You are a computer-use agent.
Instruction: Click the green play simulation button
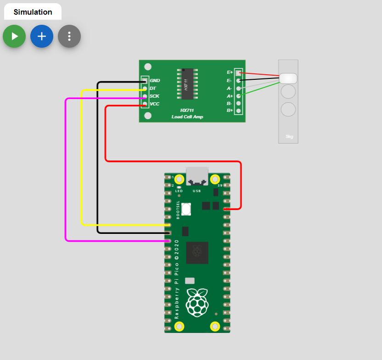point(14,36)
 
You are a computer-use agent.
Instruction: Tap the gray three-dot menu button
point(69,36)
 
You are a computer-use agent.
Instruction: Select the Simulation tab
point(33,12)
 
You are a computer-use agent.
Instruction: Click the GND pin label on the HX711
point(155,81)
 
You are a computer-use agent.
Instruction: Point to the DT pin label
point(153,88)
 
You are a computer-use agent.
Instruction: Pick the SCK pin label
point(154,96)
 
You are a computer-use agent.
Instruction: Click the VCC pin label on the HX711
point(154,104)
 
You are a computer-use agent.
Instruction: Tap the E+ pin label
point(230,72)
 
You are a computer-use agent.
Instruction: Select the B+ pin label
point(230,111)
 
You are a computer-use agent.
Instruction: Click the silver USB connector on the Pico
point(197,176)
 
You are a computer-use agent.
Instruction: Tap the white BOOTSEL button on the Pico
point(186,209)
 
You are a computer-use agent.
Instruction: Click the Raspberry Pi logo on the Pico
point(197,303)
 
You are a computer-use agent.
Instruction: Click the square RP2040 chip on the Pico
point(197,252)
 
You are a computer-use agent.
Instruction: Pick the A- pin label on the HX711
point(230,88)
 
